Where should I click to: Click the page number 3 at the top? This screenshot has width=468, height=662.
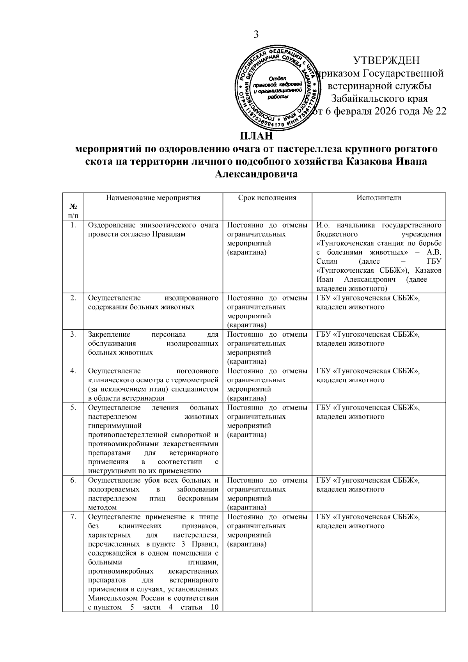coord(256,35)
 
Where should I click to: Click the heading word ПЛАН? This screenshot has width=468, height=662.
coord(256,137)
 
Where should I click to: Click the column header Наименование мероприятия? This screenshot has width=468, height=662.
coord(153,198)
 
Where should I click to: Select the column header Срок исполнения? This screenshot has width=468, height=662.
coord(267,198)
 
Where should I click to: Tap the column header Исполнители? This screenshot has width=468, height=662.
coord(378,198)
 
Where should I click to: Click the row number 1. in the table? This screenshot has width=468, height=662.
coord(73,225)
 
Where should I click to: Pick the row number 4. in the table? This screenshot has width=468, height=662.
coord(73,371)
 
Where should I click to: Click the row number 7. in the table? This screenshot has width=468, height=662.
coord(73,517)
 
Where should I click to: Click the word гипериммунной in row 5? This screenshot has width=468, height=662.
coord(115,426)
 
